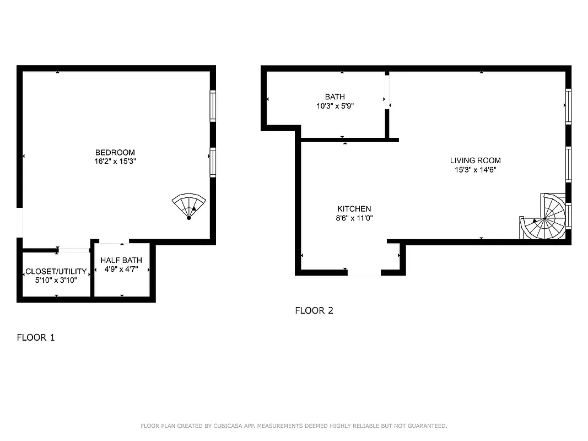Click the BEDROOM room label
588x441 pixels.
click(115, 153)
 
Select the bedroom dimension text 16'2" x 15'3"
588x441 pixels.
click(115, 162)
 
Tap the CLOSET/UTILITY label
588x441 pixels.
click(56, 271)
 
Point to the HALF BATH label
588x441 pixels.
click(121, 260)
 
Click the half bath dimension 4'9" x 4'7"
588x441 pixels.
click(121, 270)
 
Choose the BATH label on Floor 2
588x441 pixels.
click(335, 97)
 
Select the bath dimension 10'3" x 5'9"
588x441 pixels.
click(335, 106)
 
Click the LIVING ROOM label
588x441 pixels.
click(475, 161)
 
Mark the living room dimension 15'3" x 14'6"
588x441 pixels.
click(475, 170)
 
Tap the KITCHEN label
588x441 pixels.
click(354, 209)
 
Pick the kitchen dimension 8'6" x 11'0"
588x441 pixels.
click(354, 218)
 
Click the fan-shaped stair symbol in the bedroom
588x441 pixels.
click(188, 206)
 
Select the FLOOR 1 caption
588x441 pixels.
click(36, 337)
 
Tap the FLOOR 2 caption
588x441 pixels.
click(314, 310)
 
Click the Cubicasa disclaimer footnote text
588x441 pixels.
click(294, 426)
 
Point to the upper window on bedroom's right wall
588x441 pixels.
click(213, 106)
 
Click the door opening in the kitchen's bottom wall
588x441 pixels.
click(364, 272)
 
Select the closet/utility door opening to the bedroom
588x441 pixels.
click(73, 250)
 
